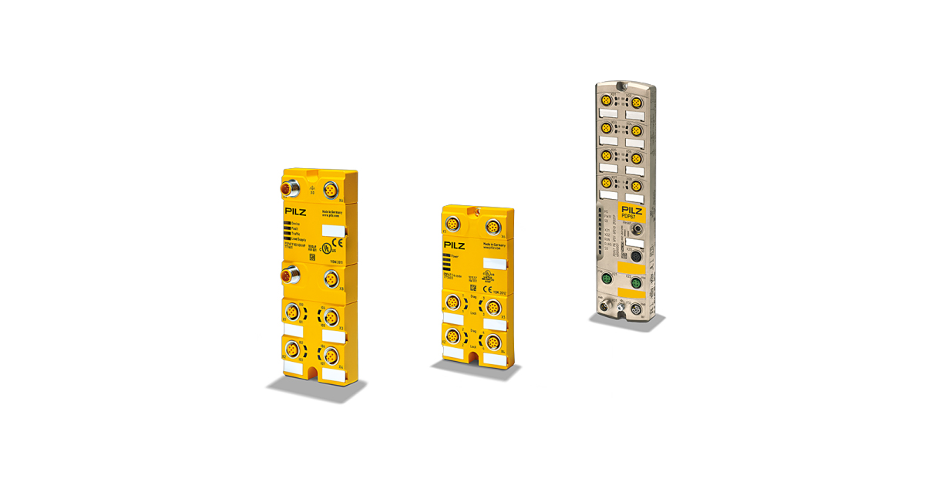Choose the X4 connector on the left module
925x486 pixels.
[331, 354]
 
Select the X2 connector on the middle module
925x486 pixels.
[449, 336]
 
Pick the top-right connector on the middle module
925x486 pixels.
[489, 228]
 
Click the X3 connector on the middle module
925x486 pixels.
[493, 309]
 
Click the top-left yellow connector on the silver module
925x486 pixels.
[607, 100]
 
